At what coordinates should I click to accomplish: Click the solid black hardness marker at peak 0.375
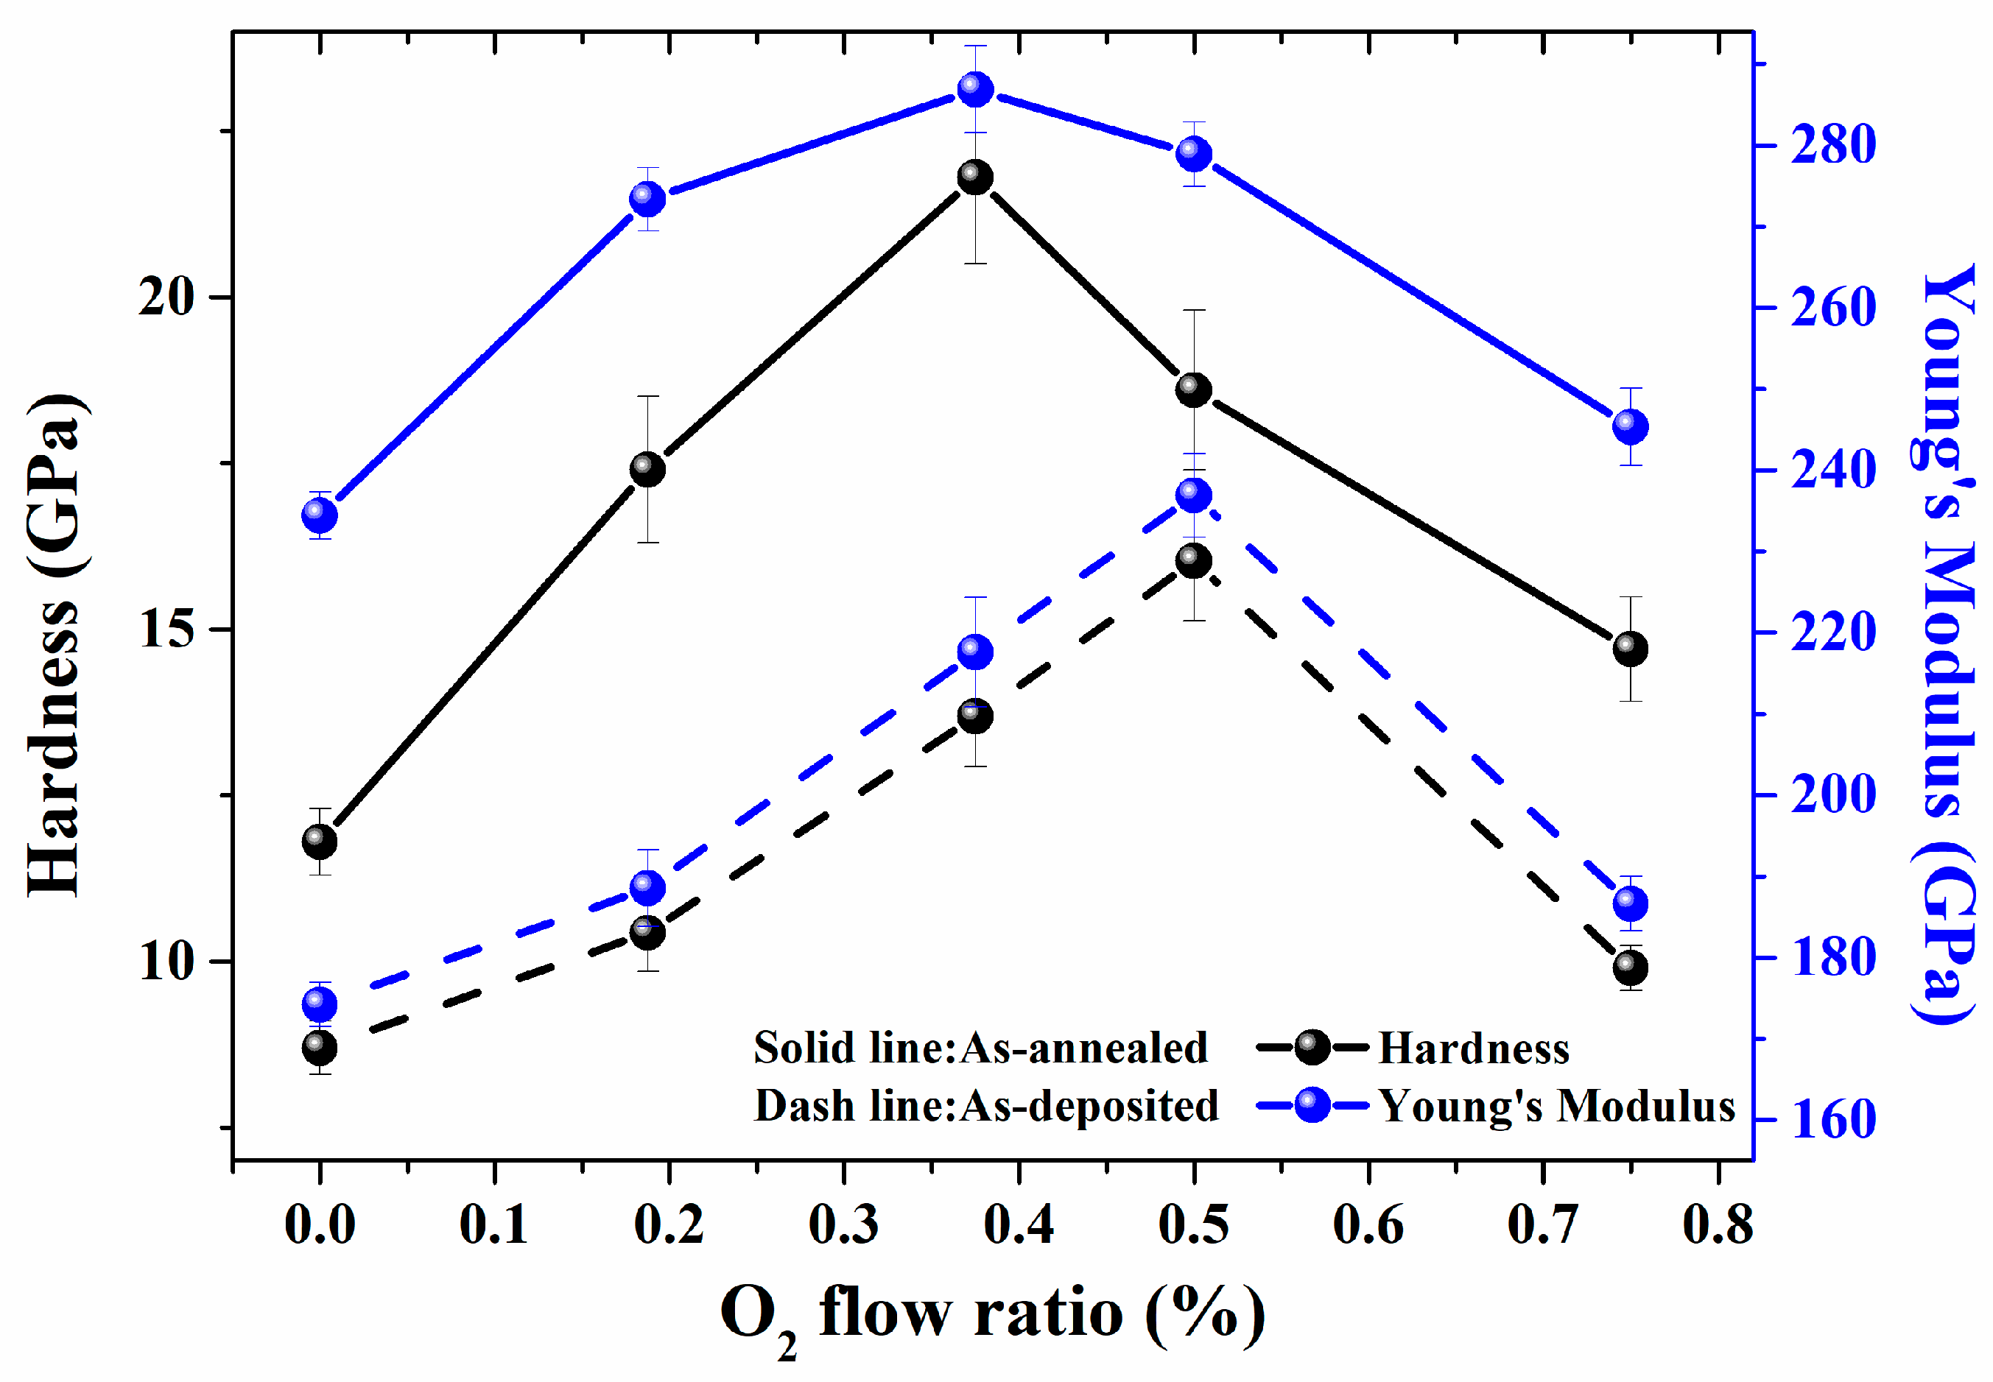[975, 178]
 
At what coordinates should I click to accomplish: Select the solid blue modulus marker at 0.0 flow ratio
[320, 516]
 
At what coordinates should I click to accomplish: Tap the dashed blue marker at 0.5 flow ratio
[1194, 496]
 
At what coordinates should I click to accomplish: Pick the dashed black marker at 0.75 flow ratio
[1630, 967]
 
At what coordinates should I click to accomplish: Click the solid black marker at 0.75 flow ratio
[1630, 649]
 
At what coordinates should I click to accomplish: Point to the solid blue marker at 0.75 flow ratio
[1630, 427]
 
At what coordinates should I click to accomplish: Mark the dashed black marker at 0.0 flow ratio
[320, 1048]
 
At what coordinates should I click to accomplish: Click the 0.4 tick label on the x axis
[1019, 1225]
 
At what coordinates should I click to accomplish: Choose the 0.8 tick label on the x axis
[1718, 1225]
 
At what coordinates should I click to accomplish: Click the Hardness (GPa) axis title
[56, 645]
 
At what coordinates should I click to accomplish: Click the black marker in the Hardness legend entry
[1313, 1048]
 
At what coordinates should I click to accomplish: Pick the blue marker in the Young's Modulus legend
[1313, 1106]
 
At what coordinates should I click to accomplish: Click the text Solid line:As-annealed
[980, 1048]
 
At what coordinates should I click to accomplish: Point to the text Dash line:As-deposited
[985, 1106]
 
